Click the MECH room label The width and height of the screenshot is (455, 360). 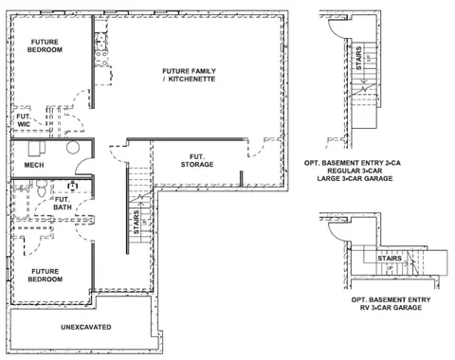click(x=34, y=165)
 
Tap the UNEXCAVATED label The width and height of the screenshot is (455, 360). click(x=86, y=327)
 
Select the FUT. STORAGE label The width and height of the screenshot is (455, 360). click(x=197, y=160)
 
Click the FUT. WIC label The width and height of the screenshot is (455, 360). click(x=24, y=120)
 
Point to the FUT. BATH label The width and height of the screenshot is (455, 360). click(x=63, y=204)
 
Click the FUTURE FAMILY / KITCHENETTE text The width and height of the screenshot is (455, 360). click(x=189, y=75)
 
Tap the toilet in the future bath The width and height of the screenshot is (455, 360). click(x=42, y=189)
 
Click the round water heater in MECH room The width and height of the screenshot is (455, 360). click(x=73, y=147)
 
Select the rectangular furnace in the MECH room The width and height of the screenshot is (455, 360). click(x=37, y=149)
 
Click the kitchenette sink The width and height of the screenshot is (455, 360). click(x=101, y=42)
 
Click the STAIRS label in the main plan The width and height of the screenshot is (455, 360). click(x=136, y=223)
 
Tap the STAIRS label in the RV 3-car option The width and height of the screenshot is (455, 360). click(x=390, y=259)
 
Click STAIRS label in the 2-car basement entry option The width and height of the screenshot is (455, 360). click(x=358, y=58)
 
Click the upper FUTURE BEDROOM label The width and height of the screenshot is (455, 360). click(x=45, y=45)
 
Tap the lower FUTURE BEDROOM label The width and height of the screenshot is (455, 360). click(x=45, y=276)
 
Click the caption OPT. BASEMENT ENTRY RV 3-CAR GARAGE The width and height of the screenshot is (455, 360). click(x=391, y=303)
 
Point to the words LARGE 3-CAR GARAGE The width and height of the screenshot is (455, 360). click(x=355, y=178)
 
